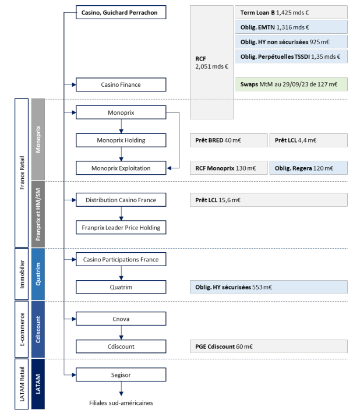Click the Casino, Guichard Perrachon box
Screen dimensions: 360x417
coord(121,12)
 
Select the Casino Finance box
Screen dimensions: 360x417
coord(121,84)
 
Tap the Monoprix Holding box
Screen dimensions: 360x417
coord(121,140)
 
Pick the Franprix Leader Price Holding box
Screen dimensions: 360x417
coord(121,227)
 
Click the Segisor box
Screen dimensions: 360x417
coord(121,374)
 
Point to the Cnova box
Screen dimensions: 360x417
coord(121,319)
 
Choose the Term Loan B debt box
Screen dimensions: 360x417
coord(291,12)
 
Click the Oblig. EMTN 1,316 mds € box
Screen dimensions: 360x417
coord(291,27)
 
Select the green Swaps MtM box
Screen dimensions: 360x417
coord(291,84)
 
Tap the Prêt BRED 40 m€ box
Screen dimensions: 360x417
coord(228,140)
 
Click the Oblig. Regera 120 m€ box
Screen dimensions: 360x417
coord(308,168)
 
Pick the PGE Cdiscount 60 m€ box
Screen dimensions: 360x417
coord(269,347)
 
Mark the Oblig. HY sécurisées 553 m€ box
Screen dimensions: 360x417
coord(269,287)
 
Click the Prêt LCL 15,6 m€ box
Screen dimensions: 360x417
coord(269,200)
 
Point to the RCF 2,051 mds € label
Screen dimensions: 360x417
coord(211,62)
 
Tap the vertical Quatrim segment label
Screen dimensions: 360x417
coord(38,274)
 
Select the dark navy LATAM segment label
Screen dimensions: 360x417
coord(38,384)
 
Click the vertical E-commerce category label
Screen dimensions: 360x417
coord(22,329)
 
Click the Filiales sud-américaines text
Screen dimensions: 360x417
coord(121,403)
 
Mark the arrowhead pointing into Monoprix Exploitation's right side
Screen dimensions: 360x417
coord(170,168)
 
